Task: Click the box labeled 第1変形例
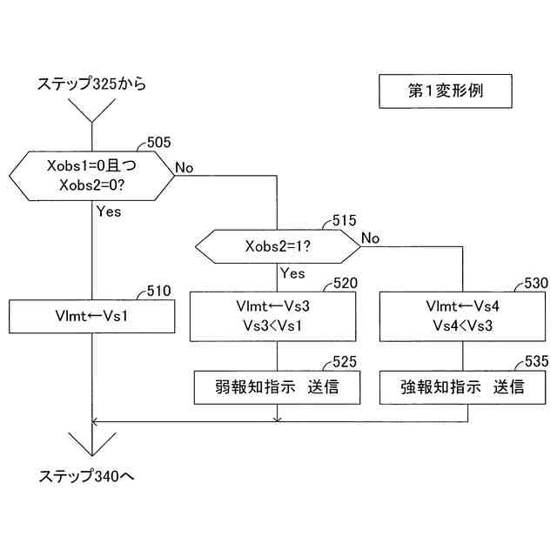click(444, 91)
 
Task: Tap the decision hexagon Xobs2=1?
click(277, 247)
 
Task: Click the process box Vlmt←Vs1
click(91, 317)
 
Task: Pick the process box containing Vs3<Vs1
click(277, 316)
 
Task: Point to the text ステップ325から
click(91, 84)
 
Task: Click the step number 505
click(159, 142)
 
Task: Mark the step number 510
click(159, 291)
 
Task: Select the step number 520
click(345, 284)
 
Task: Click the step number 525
click(345, 361)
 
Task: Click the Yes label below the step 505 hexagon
click(109, 211)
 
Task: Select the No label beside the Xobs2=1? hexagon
click(371, 238)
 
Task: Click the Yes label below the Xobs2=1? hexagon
click(293, 273)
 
